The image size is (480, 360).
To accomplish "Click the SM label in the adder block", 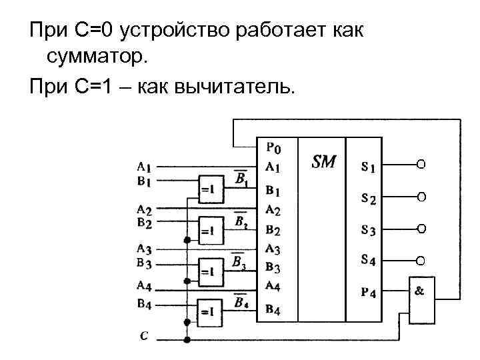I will (x=324, y=162).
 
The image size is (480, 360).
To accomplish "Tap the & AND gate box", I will (x=421, y=300).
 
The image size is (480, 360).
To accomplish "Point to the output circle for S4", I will (x=421, y=260).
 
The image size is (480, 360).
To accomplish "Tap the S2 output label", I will (x=368, y=198).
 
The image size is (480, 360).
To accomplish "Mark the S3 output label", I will (x=368, y=230).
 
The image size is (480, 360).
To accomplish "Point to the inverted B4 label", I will (x=241, y=302).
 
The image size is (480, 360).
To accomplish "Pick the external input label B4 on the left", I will (x=143, y=305).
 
